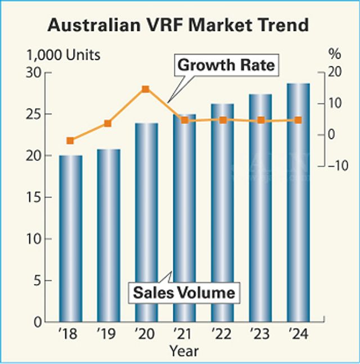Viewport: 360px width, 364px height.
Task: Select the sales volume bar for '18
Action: coord(70,239)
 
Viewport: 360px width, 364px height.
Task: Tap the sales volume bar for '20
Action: coord(146,222)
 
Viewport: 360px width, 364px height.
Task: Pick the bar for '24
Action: coord(298,203)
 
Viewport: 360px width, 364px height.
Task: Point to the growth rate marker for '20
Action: coord(146,89)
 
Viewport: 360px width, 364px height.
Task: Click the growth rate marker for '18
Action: coord(70,141)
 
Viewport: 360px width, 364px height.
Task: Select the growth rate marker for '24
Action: coord(298,120)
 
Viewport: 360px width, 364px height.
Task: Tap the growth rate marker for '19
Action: coord(108,123)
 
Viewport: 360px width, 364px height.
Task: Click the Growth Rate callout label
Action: coord(226,66)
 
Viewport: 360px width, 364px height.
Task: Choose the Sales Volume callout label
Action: coord(183,293)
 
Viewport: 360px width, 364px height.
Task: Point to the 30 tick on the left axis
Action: coord(35,73)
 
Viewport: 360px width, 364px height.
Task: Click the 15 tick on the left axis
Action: coord(35,197)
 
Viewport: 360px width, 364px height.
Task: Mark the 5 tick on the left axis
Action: coord(38,280)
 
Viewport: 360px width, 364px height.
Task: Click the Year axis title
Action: coord(184,352)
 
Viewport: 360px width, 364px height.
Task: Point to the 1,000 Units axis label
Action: coord(63,55)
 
